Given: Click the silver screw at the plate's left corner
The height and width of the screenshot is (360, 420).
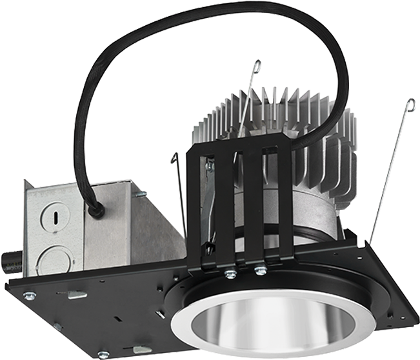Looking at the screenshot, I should click(28, 295).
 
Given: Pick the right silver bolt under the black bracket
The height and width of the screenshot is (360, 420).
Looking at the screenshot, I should click(259, 270).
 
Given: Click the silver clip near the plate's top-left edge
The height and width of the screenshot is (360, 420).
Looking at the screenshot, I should click(77, 295).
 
